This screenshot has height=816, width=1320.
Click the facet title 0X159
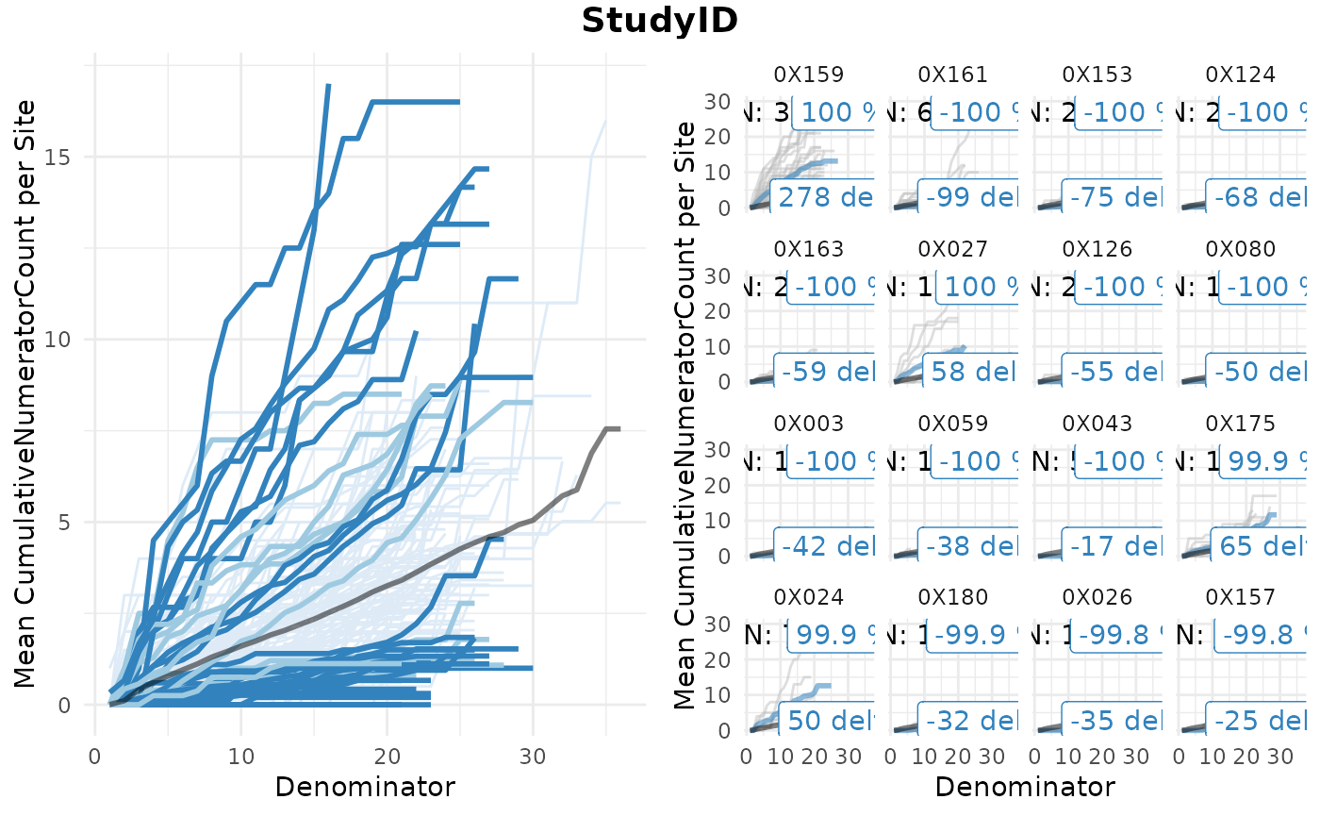pos(808,75)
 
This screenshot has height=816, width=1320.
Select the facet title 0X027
pos(952,249)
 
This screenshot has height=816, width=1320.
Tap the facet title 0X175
pos(1240,424)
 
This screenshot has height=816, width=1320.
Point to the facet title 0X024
pos(808,597)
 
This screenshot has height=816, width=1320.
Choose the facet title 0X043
pos(1097,424)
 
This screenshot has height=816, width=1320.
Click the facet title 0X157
pos(1240,597)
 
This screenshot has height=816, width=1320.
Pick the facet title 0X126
pos(1097,249)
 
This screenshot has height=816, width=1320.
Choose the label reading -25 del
pos(1258,721)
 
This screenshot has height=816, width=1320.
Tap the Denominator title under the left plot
pos(365,787)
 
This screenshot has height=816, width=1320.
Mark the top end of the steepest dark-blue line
pos(328,85)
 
